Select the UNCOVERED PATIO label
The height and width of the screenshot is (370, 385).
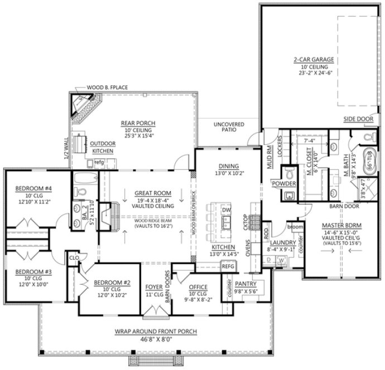pos(228,126)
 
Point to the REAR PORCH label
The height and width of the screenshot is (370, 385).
pos(137,123)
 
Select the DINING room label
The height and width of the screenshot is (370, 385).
pos(229,166)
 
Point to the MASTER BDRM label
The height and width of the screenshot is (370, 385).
pos(343,225)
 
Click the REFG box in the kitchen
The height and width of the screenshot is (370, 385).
pos(228,267)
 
